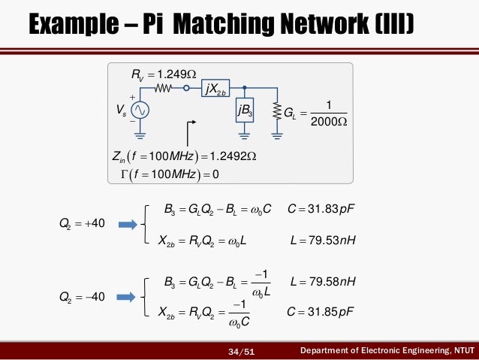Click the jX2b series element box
(215, 89)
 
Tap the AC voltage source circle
(140, 110)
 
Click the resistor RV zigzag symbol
(165, 89)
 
